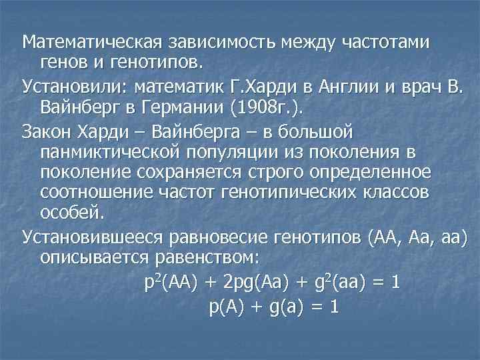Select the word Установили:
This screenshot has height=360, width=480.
tap(75, 86)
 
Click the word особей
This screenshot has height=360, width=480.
tap(72, 215)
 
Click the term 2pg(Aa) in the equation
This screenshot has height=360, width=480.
tap(257, 282)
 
